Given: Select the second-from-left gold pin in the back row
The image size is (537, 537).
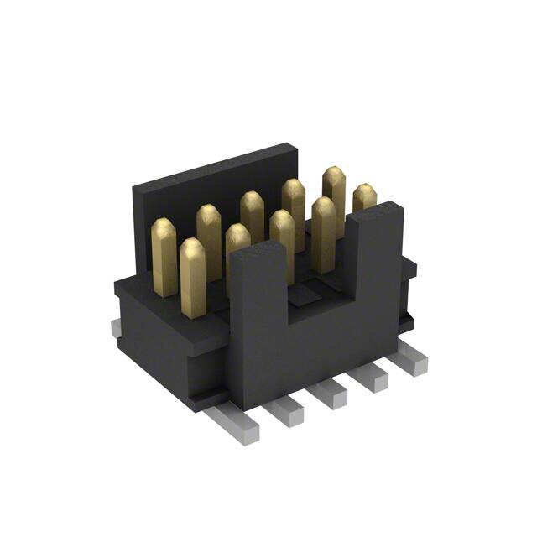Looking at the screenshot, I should coord(209,239).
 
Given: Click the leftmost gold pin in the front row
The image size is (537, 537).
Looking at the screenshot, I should coord(192,275).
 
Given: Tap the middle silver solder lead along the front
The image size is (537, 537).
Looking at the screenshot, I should coord(330,392).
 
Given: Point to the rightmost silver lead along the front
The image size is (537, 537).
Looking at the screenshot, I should coord(414,362).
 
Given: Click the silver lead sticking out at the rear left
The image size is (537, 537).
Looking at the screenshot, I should coord(115,329).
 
